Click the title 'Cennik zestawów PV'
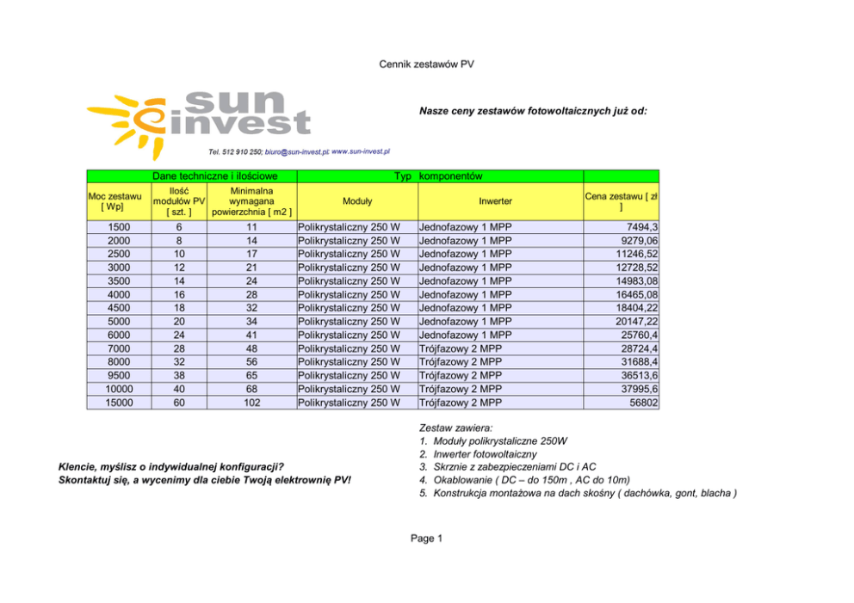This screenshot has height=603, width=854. tap(427, 65)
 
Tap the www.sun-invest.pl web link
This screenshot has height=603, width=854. tap(362, 151)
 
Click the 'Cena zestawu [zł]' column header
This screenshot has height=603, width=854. tap(621, 201)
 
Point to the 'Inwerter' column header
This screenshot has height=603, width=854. tap(495, 201)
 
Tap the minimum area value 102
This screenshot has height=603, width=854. tap(251, 402)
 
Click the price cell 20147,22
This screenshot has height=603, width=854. tap(633, 321)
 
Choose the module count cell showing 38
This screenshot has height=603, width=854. tap(179, 375)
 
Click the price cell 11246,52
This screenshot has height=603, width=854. tap(633, 254)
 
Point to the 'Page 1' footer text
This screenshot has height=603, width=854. tap(426, 538)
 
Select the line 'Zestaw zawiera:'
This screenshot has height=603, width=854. tap(455, 428)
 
